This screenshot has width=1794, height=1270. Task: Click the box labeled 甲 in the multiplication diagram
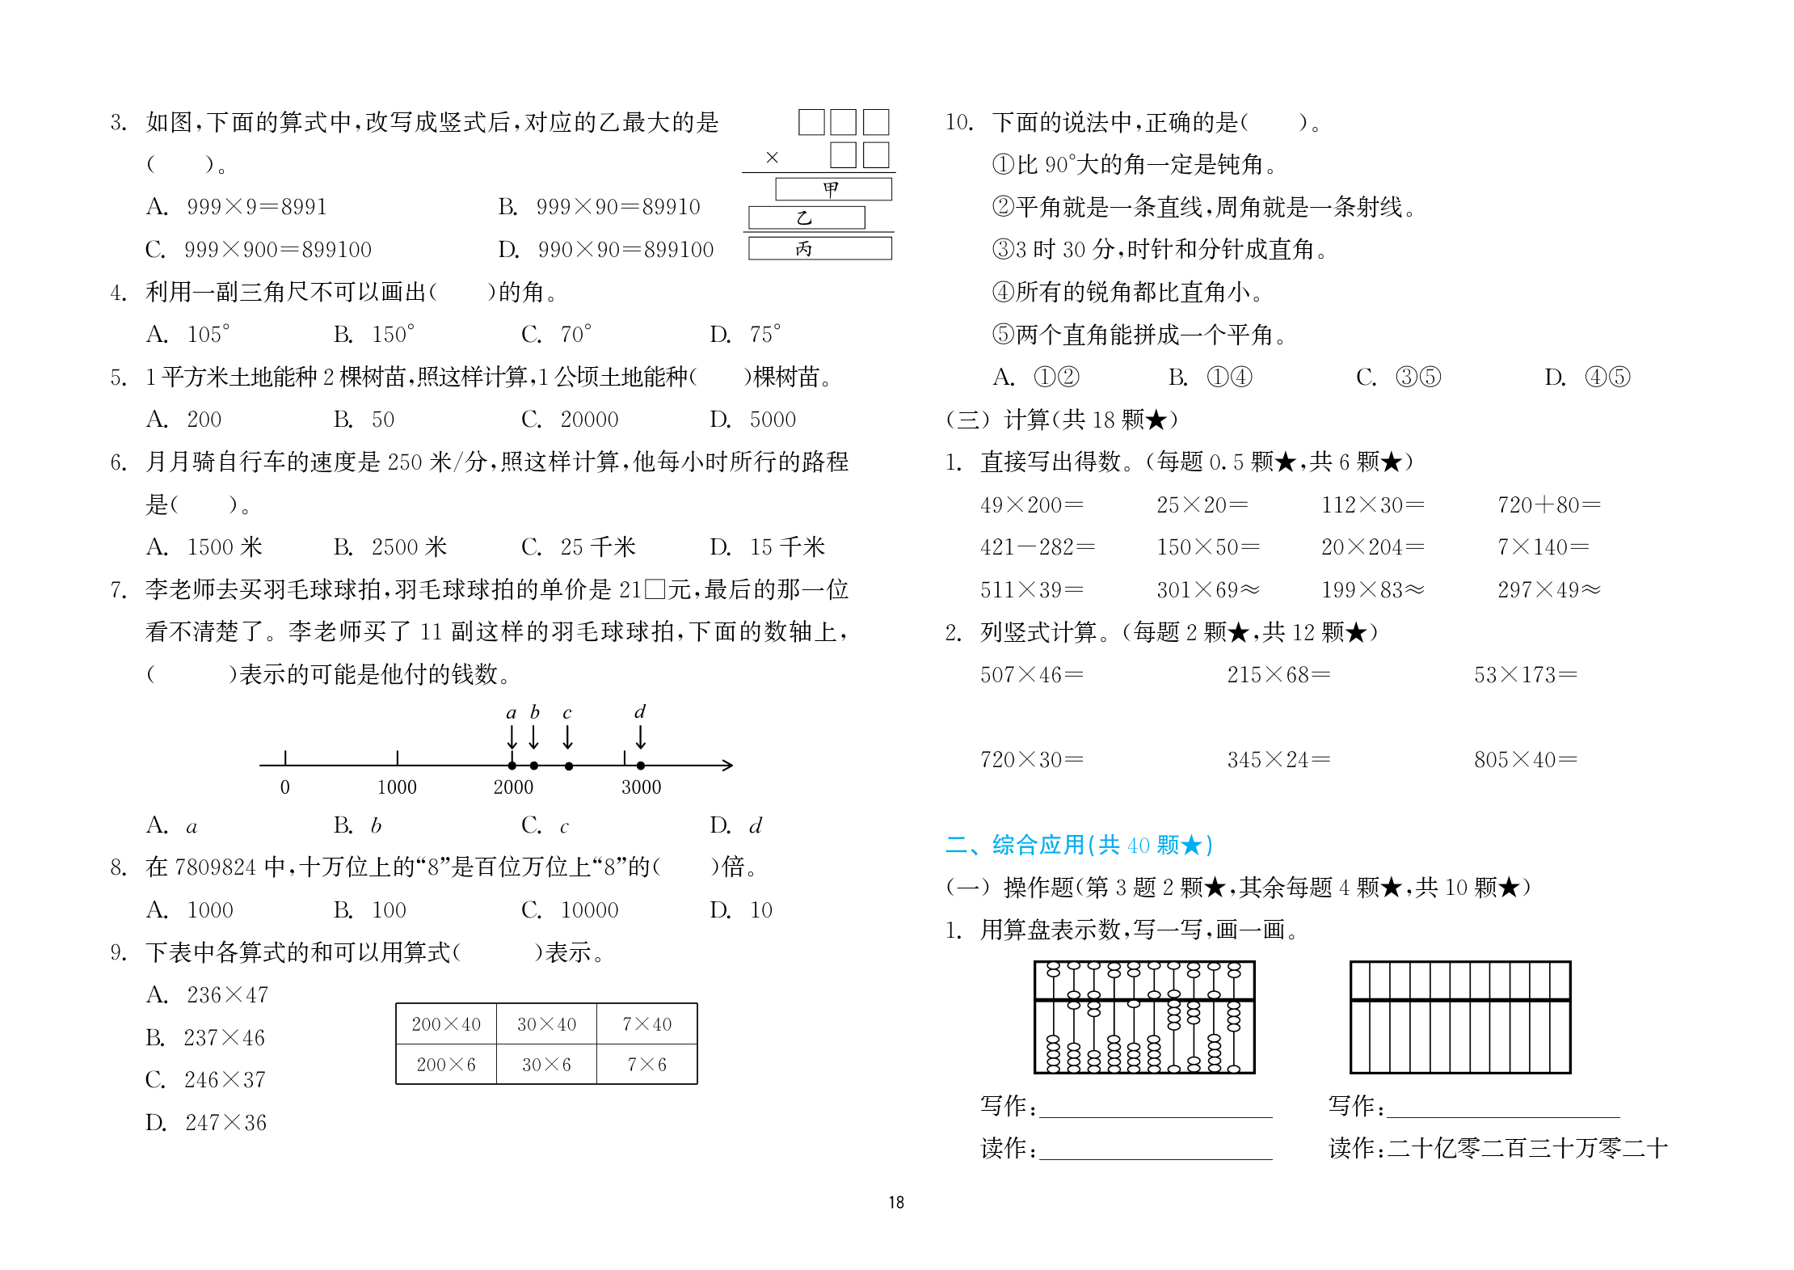833,189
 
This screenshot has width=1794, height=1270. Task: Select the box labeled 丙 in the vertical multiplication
819,248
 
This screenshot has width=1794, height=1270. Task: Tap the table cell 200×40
446,1024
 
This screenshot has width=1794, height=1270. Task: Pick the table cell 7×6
646,1065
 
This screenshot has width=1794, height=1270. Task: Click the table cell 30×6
546,1065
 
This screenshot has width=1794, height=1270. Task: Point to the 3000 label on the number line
641,787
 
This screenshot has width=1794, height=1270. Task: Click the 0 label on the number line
284,787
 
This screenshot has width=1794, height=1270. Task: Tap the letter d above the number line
640,712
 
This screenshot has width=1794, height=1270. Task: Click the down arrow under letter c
568,736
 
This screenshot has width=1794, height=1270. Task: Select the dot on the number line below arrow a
512,766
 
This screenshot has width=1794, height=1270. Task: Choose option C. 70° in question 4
557,335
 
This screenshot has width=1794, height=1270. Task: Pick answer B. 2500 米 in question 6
390,547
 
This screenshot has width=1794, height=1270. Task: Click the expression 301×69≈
1207,590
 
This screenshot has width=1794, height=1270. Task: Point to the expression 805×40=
1525,760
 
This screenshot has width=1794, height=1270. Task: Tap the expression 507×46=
1031,675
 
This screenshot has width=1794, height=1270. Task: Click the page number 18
896,1202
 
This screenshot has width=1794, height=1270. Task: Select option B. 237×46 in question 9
205,1038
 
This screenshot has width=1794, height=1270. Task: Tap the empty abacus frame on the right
1460,1017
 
